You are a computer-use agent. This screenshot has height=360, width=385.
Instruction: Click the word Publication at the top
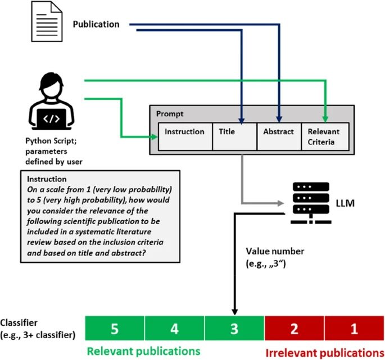tap(96, 25)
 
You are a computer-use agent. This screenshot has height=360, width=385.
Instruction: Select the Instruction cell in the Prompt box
tap(184, 136)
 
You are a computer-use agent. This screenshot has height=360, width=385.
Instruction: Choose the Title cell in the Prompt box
tap(234, 136)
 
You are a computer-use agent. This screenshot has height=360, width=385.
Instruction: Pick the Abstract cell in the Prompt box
tap(279, 136)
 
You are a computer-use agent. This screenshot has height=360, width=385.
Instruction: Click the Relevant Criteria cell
tap(325, 136)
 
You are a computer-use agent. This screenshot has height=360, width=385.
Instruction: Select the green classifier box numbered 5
tap(115, 329)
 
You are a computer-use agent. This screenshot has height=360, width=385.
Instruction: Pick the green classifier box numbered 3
tap(234, 329)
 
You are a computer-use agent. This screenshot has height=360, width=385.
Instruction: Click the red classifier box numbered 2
tap(294, 329)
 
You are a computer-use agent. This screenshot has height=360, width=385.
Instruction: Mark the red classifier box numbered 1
tap(354, 329)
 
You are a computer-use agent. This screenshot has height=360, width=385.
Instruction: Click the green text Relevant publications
tap(143, 351)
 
